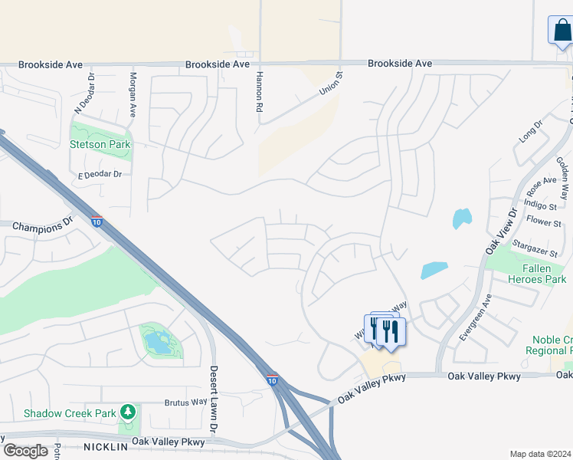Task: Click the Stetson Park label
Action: [x=100, y=144]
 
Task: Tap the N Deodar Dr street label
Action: [x=91, y=90]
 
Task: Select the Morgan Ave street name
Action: [x=133, y=93]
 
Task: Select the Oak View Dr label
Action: [x=502, y=231]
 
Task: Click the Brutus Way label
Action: [x=186, y=402]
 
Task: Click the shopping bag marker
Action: [x=561, y=31]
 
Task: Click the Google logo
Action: [x=25, y=451]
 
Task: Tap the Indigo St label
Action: [x=540, y=206]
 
